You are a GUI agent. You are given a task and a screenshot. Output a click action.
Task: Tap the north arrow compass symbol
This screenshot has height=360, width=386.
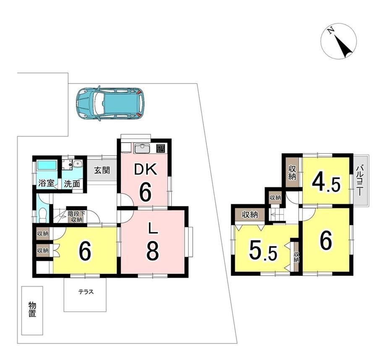pos(339,41)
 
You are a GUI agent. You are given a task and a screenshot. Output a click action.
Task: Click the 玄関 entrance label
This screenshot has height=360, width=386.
pos(102,170)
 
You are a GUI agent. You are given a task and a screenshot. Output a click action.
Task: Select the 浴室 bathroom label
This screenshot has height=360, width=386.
pos(46,183)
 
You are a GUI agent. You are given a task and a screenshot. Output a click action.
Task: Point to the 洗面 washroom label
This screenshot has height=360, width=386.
pos(72,184)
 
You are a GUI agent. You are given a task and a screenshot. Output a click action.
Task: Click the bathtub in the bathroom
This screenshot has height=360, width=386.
pos(47,165)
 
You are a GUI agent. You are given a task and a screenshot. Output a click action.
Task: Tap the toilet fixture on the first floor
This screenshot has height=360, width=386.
pos(43,214)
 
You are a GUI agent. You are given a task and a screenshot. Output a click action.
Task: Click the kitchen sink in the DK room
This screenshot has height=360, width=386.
pos(141,149)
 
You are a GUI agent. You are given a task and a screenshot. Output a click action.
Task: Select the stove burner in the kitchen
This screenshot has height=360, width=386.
pos(161,148)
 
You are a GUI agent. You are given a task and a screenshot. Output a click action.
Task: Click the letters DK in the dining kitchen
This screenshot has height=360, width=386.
pos(145,170)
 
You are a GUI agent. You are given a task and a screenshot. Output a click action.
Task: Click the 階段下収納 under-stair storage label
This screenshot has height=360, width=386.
pos(76,217)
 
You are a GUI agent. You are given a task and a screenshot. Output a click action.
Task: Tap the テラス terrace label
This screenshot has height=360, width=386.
pos(86,292)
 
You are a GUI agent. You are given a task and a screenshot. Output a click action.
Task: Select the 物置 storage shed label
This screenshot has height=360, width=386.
pos(32,309)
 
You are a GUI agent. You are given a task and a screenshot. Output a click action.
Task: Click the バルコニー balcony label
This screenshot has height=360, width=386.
pos(359,180)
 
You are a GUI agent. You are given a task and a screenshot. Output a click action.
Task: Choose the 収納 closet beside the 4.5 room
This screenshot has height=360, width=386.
pos(292,172)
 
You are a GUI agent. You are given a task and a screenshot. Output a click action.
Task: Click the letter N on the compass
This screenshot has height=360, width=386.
pos(331,30)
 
